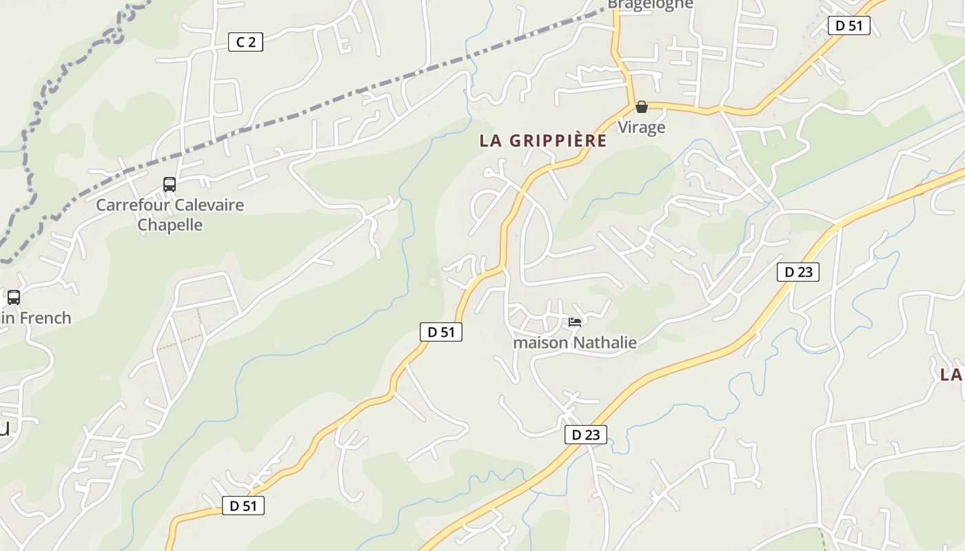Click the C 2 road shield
pos(245,42)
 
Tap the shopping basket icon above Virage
pos(642,107)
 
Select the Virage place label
pos(641,127)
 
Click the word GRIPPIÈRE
pos(558,141)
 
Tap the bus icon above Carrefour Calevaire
pos(170,185)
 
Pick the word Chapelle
pos(170,225)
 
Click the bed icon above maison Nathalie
pos(575,322)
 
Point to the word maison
pos(541,342)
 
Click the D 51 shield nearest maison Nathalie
pos(440,332)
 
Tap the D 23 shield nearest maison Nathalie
pos(586,435)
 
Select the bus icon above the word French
pos(13,298)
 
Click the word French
pos(46,318)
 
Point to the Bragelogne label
pos(650,5)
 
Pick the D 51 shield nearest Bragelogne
pos(849,25)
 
